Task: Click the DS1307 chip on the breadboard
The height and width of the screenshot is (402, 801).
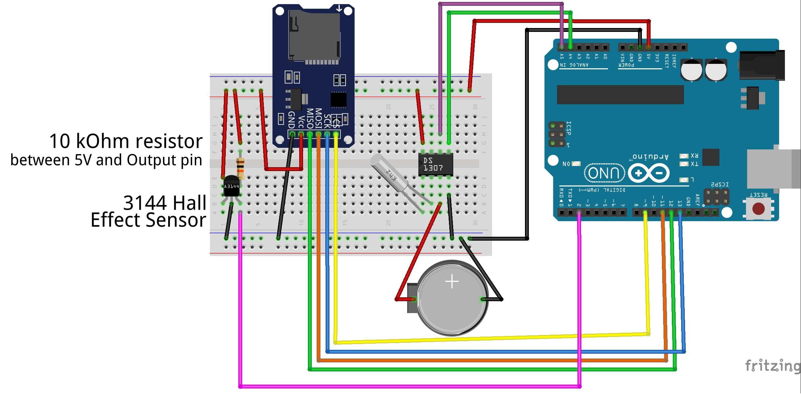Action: click(x=435, y=165)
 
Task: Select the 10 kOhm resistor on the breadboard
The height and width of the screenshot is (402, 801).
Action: click(x=240, y=167)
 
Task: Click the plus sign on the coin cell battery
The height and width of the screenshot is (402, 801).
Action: click(x=452, y=282)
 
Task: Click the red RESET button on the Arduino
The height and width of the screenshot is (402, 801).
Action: click(x=758, y=208)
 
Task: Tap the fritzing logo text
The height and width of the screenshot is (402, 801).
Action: click(x=772, y=366)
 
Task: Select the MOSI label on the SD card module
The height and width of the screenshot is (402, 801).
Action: click(x=318, y=119)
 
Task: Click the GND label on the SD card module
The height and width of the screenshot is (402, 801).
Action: click(x=291, y=120)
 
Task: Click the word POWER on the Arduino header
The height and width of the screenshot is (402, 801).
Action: click(x=626, y=65)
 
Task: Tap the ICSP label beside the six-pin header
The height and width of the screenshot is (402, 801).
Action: click(x=569, y=128)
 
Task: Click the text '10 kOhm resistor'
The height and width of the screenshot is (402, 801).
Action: click(x=126, y=141)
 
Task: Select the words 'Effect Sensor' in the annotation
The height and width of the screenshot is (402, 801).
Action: click(x=148, y=220)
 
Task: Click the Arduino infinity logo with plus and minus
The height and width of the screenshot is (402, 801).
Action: click(x=649, y=173)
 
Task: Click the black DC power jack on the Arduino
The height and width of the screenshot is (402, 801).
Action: click(x=762, y=65)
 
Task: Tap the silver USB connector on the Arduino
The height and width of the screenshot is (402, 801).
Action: click(x=773, y=169)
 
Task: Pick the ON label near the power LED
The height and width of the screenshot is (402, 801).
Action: click(x=566, y=164)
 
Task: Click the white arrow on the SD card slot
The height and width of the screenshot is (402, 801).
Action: click(x=339, y=8)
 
